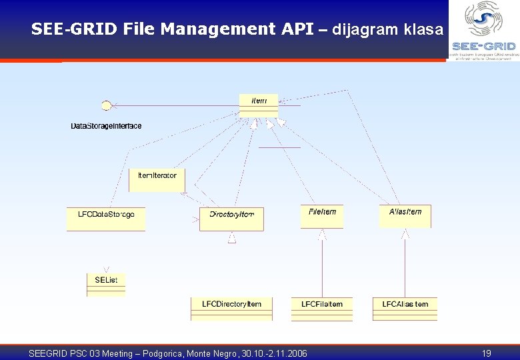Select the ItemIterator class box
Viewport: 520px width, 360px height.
157,179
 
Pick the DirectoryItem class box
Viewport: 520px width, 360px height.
231,219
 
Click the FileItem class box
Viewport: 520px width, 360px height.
322,216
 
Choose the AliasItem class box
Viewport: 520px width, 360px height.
405,216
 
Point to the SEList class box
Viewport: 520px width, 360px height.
106,284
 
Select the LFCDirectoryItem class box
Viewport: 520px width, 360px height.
231,308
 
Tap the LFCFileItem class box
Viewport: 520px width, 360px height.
322,308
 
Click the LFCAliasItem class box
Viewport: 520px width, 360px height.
405,308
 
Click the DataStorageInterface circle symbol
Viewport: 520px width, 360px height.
105,105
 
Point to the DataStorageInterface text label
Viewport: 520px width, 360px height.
106,126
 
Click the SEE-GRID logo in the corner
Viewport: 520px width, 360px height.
483,30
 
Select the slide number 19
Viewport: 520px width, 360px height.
486,353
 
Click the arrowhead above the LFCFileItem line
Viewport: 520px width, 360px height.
322,234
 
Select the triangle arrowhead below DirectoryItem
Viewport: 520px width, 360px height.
232,237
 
